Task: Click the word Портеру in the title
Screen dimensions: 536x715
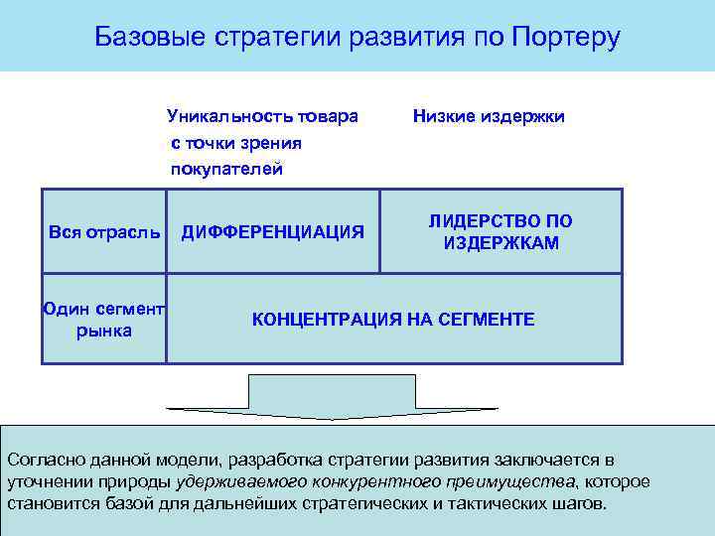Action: (567, 38)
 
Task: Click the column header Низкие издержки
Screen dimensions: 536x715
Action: (489, 117)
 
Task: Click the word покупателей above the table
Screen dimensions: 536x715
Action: (226, 169)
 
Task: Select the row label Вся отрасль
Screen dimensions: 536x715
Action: (104, 232)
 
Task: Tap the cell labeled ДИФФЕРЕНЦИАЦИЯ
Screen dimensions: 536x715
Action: (272, 232)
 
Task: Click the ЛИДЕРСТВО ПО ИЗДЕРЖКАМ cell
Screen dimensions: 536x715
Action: (500, 231)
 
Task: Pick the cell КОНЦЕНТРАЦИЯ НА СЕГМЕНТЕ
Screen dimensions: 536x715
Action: (393, 320)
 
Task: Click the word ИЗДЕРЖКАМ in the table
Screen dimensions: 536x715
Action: (501, 243)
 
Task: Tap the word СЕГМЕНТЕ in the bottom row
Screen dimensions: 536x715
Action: (487, 320)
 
